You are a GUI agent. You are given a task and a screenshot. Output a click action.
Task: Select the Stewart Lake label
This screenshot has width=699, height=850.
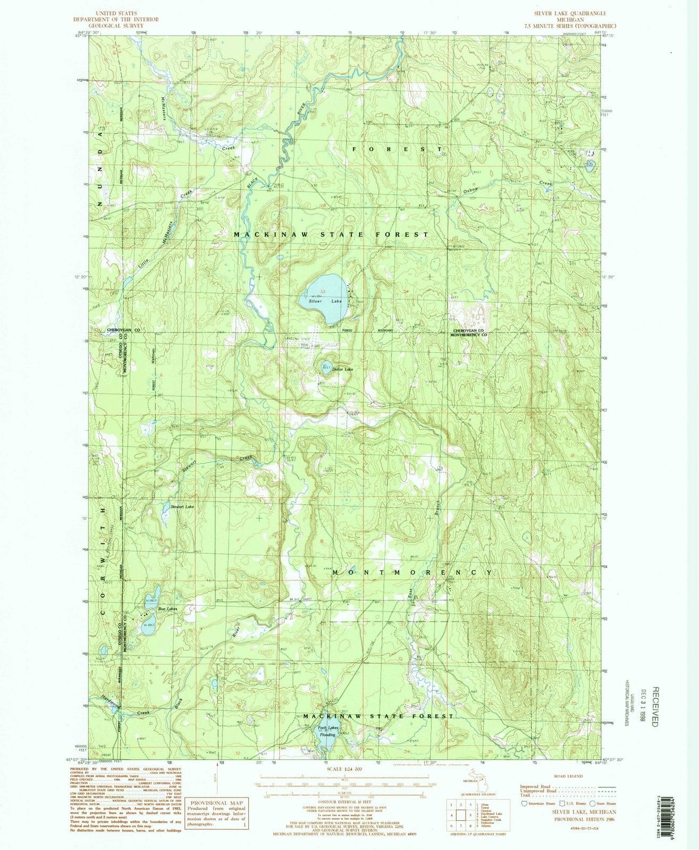pyautogui.click(x=182, y=507)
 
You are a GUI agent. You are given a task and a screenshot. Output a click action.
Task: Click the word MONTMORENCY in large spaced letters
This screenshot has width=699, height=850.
pyautogui.click(x=412, y=573)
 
